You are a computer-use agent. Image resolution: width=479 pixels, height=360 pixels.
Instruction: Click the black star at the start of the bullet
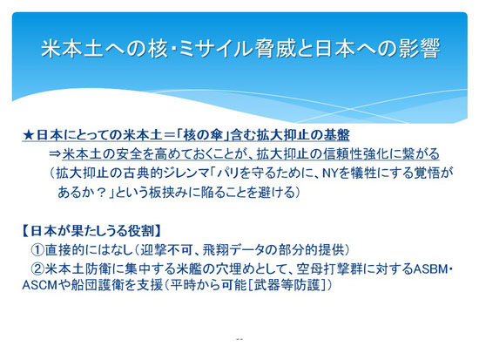(29, 135)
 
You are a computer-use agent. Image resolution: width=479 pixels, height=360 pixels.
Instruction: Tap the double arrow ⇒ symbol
(55, 153)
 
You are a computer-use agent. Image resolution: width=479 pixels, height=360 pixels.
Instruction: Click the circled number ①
(37, 250)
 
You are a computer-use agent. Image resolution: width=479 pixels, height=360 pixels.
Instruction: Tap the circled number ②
(37, 269)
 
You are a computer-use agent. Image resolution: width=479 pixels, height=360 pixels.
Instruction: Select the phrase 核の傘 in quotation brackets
(204, 135)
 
